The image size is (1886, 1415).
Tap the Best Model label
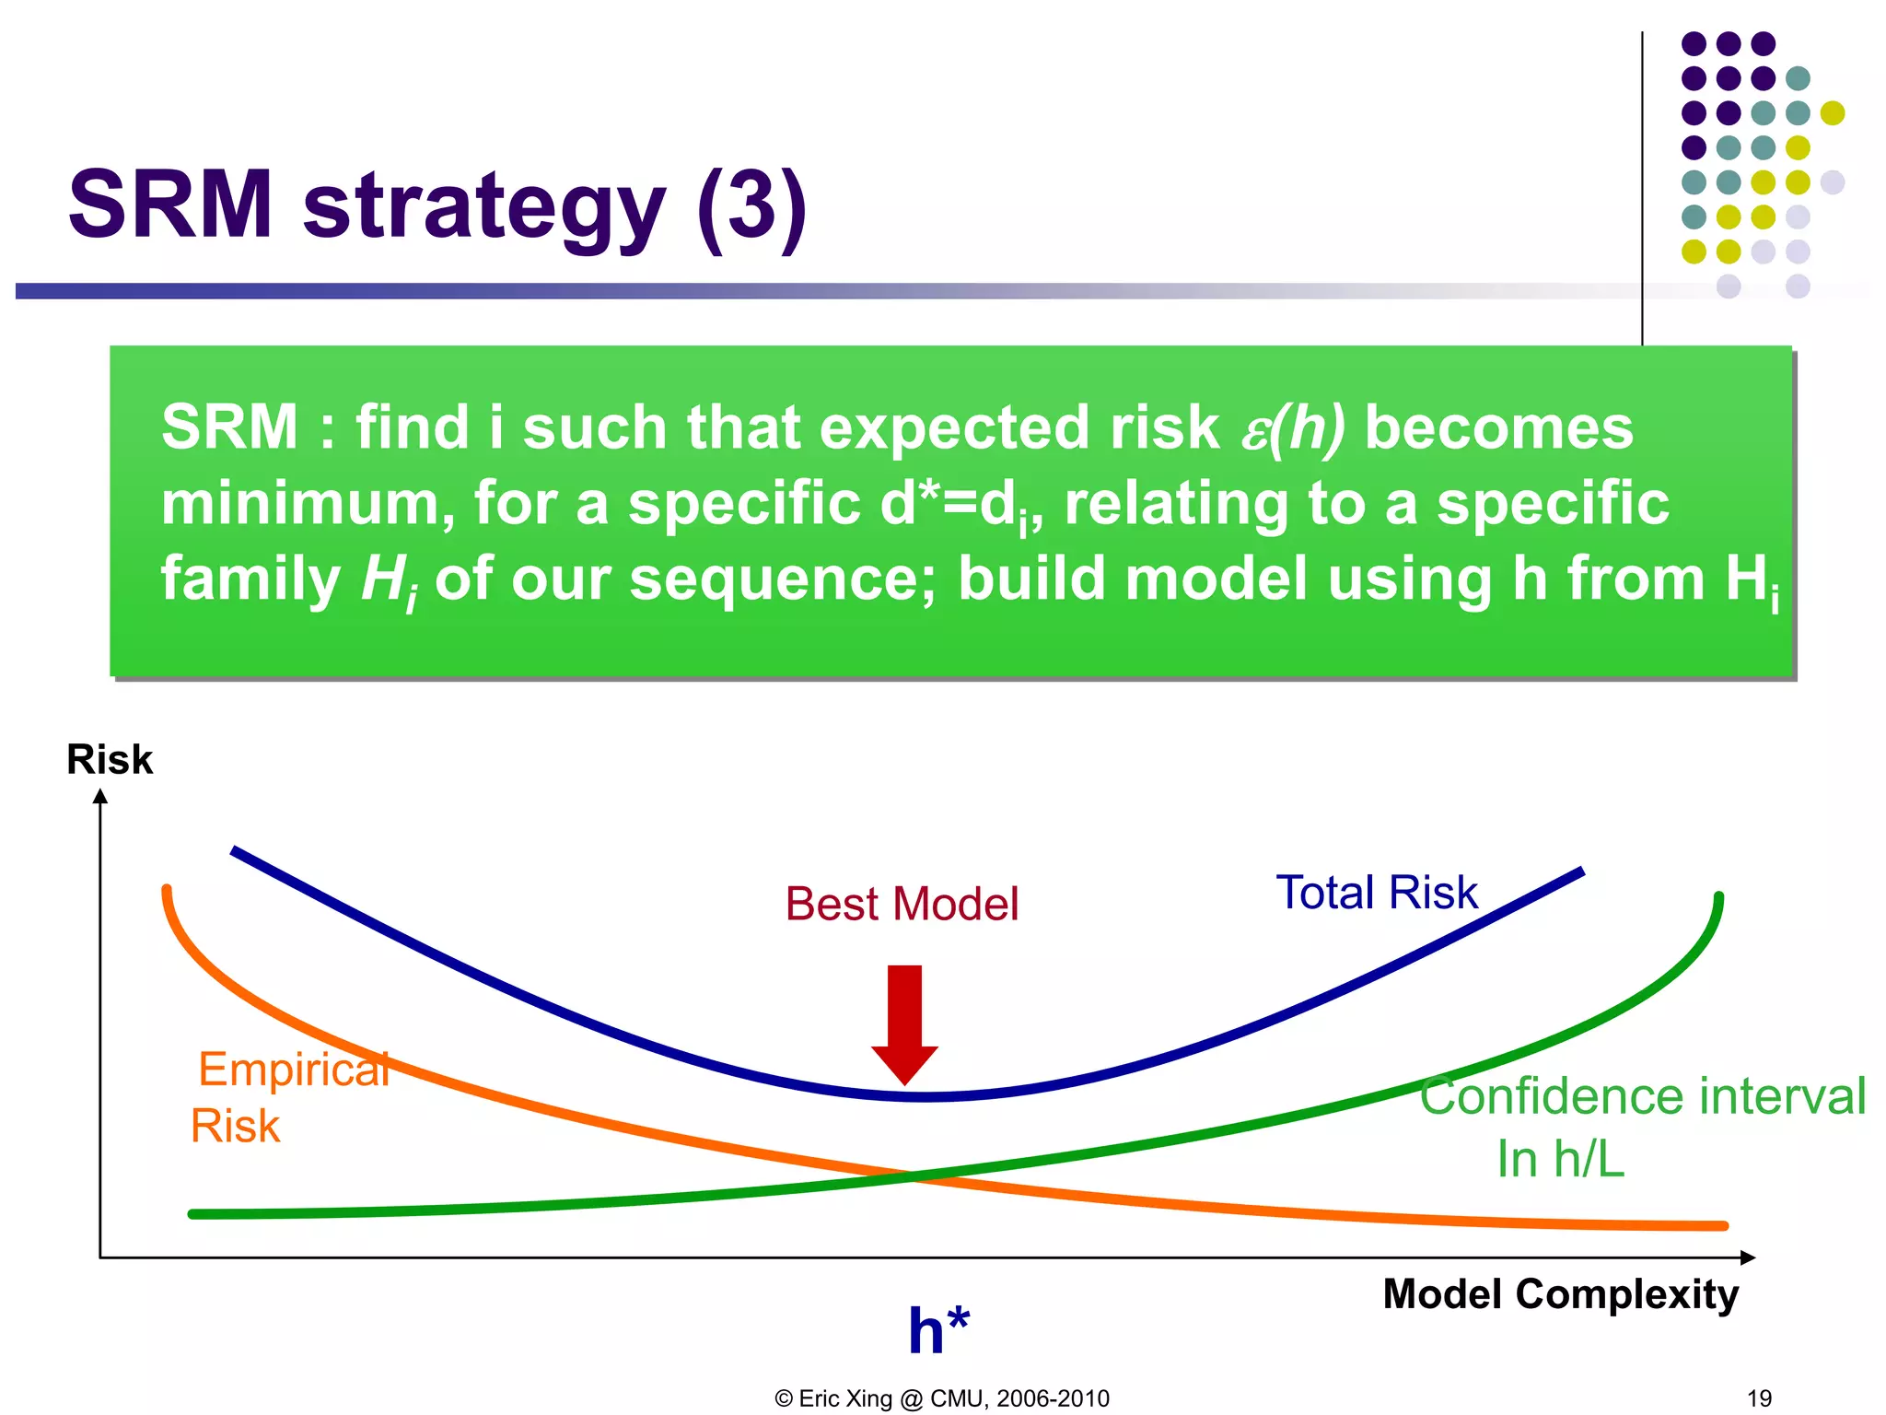(902, 904)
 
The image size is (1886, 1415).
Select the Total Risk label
(1376, 893)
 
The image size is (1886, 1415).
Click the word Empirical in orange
(293, 1070)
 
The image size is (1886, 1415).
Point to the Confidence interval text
(1642, 1096)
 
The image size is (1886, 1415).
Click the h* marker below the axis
(937, 1331)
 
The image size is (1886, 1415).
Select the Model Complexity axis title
(1560, 1294)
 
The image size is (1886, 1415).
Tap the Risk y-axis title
(109, 760)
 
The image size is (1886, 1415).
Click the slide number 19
(1759, 1398)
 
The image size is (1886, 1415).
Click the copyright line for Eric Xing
(942, 1398)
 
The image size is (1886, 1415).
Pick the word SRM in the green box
(229, 427)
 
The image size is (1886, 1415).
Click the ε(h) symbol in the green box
(1292, 429)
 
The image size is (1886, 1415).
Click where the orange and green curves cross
(914, 1176)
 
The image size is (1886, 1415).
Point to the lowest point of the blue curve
(924, 1096)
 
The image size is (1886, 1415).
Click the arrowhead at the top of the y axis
(100, 797)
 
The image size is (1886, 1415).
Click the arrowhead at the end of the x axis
(1747, 1257)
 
